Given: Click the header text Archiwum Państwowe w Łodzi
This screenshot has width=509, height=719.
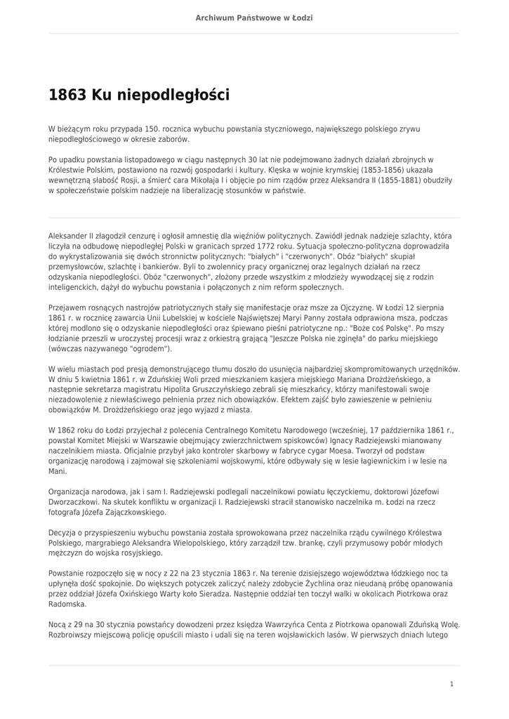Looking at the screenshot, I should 254,18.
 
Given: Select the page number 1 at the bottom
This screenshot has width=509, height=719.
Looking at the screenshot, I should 451,683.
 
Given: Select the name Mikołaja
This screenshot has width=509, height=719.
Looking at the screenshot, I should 220,180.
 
